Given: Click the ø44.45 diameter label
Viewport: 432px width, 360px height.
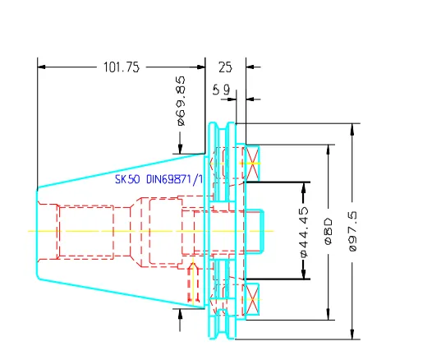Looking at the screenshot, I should point(303,231).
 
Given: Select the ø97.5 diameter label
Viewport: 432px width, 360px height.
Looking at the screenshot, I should point(354,231).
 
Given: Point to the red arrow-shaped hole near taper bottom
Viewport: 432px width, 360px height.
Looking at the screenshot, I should point(195,281).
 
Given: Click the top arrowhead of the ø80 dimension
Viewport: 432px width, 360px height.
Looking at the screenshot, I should point(329,150).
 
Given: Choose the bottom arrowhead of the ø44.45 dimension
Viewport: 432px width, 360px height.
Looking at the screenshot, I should point(303,274).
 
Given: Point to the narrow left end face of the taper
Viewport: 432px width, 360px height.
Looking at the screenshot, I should point(36,231).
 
